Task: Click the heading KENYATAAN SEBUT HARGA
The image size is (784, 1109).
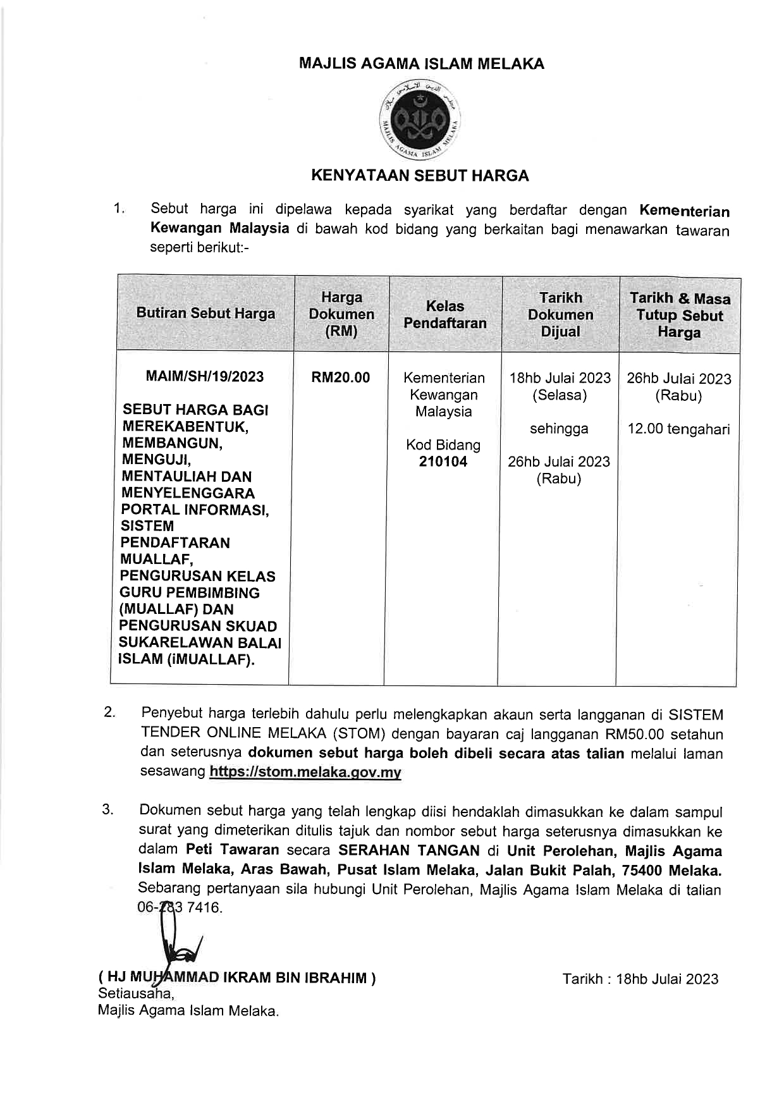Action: [420, 175]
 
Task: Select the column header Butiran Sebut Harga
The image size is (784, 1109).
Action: [205, 313]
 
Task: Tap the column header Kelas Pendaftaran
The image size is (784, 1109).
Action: [445, 314]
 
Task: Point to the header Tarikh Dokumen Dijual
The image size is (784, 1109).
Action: [560, 314]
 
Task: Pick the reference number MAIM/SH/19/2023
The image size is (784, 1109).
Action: [205, 376]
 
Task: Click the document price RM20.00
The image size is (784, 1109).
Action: [340, 377]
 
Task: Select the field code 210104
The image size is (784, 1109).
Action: [443, 462]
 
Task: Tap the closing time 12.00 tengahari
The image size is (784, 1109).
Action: [678, 429]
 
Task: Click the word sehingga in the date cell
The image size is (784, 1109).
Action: [559, 429]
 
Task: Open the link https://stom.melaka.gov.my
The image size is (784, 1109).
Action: [305, 772]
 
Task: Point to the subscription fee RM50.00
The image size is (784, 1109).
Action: [635, 735]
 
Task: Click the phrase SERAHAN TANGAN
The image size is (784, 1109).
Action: [408, 850]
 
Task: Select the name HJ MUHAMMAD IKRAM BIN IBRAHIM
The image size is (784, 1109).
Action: [237, 978]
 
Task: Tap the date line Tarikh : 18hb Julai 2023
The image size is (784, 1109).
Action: [640, 979]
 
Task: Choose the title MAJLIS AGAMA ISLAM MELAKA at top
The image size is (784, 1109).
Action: [421, 64]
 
